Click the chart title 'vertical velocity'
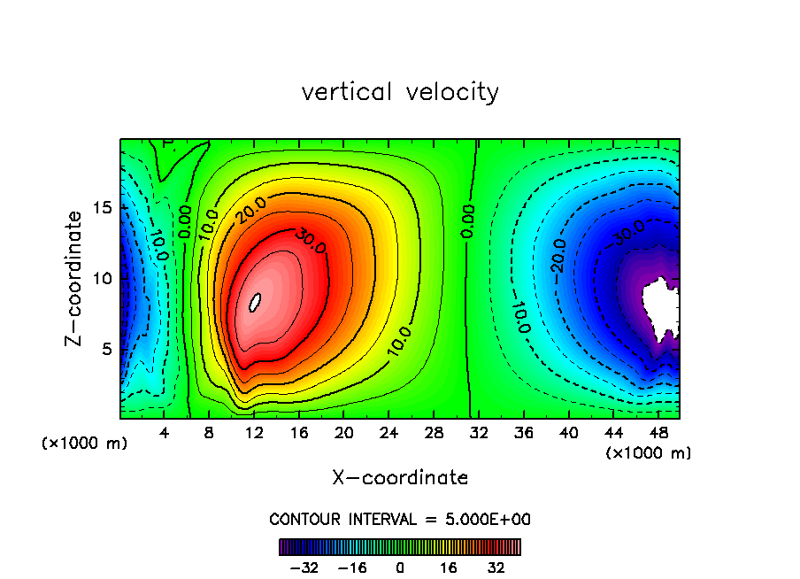[x=400, y=92]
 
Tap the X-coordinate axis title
[x=400, y=478]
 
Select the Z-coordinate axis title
[x=76, y=278]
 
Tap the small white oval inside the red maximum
[x=255, y=303]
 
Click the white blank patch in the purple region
[x=660, y=305]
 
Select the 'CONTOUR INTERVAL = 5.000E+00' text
[x=400, y=519]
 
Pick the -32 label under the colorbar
[x=304, y=567]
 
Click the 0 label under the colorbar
[x=400, y=567]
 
